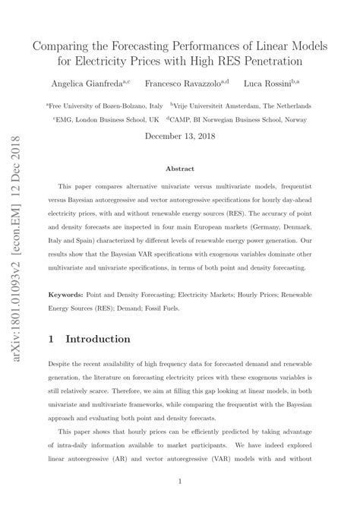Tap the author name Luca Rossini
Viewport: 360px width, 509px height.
click(270, 82)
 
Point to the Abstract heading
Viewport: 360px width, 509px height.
click(180, 169)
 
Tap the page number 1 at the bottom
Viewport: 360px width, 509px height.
click(180, 481)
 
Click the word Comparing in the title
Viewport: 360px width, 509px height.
click(63, 46)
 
